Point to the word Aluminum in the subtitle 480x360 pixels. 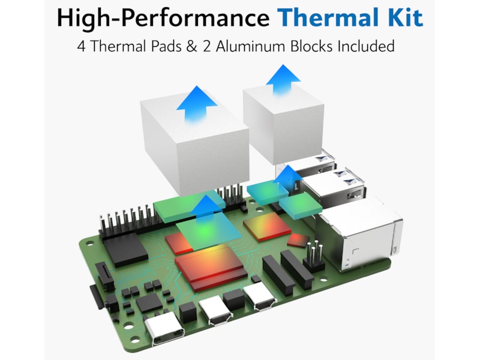(251, 47)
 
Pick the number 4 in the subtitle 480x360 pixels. (81, 47)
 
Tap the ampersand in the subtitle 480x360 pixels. (191, 47)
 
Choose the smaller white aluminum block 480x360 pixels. (283, 124)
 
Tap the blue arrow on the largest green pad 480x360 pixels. (206, 211)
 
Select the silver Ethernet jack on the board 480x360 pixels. (361, 233)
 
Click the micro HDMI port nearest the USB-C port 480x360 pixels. (216, 310)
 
